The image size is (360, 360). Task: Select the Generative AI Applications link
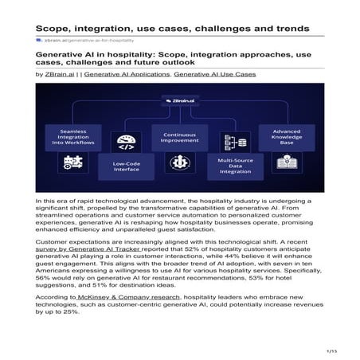click(127, 74)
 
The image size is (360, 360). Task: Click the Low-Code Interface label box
click(127, 167)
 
